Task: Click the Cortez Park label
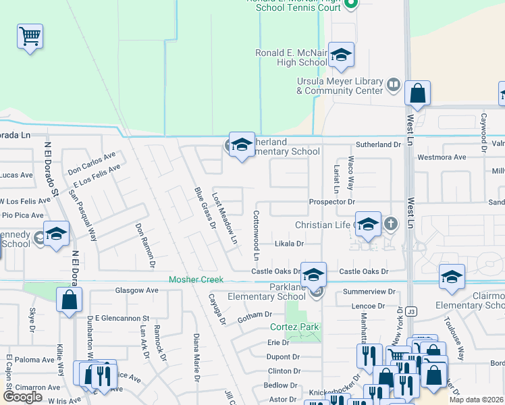click(x=294, y=327)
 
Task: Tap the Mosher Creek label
click(x=195, y=279)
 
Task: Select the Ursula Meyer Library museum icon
click(x=394, y=86)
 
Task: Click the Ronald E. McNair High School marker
click(x=342, y=57)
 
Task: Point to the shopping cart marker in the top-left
click(x=30, y=36)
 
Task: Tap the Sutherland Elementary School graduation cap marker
click(x=242, y=145)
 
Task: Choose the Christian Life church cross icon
click(x=390, y=223)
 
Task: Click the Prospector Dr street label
click(x=331, y=202)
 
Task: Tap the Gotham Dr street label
click(x=259, y=315)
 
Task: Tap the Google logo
click(x=22, y=397)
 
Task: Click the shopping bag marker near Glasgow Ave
click(x=69, y=301)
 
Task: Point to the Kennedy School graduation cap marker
click(x=57, y=234)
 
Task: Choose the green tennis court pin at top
click(x=350, y=5)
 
